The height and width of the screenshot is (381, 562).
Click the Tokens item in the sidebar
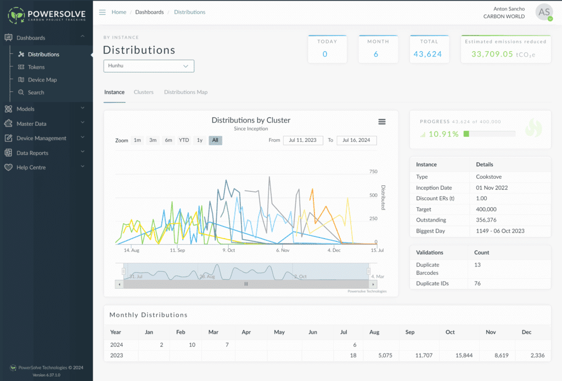36,67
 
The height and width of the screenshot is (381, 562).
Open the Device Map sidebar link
42,80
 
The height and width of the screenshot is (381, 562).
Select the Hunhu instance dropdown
148,66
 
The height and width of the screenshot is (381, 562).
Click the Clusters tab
143,92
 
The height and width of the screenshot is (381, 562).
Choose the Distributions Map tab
186,92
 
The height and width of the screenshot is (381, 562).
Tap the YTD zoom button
184,140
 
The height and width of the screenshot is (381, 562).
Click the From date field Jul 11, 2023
303,140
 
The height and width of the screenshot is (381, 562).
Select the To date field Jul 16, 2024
356,140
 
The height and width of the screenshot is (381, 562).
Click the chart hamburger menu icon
382,122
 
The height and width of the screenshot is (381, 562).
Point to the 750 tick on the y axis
373,172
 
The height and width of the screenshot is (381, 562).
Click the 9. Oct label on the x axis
228,250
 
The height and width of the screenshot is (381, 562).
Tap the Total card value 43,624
428,54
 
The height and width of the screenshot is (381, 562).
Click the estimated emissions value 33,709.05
492,54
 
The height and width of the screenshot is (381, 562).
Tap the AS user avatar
544,12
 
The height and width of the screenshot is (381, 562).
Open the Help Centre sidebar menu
31,167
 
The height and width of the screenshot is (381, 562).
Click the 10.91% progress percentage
443,134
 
